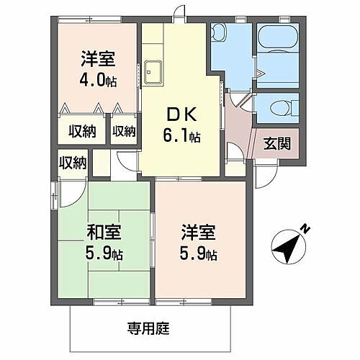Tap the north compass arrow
288,248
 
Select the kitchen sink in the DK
154,72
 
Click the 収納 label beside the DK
124,131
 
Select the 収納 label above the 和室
72,163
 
